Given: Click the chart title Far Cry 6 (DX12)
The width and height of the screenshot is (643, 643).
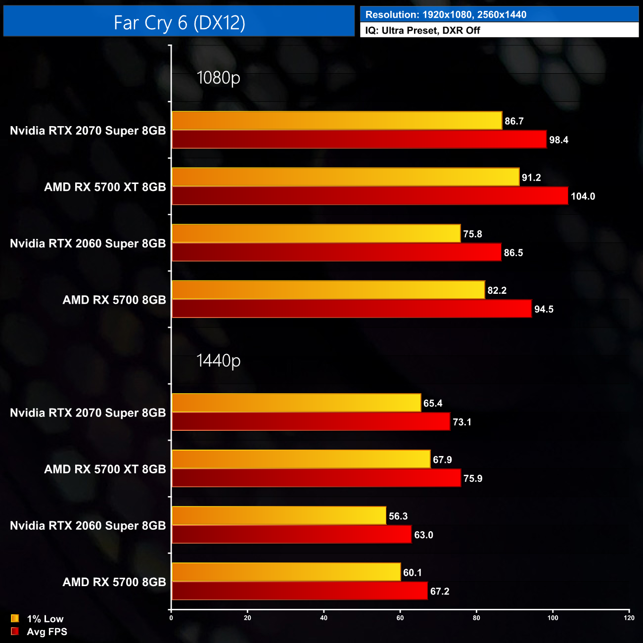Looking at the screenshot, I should tap(179, 23).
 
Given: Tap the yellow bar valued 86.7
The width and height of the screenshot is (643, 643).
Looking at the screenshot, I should tap(336, 121).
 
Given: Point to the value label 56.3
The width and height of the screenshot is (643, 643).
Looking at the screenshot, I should tap(398, 516).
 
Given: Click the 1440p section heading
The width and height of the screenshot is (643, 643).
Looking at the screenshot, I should tap(218, 361).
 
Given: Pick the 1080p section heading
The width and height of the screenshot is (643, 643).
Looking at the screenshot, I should tap(218, 78).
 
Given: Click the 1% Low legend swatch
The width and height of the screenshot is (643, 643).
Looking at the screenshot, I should tap(15, 618).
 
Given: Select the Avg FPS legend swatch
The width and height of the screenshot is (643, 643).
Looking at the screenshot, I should tap(15, 631).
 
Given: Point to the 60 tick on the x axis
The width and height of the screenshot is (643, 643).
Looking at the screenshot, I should tap(400, 618).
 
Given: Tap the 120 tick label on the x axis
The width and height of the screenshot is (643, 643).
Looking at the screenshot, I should tap(629, 618).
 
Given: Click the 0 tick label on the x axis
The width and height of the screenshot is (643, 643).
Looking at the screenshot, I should tap(171, 618).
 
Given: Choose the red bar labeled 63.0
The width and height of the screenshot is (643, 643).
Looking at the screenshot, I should tap(291, 534).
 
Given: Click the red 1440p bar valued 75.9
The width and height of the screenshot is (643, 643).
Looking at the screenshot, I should tap(316, 478).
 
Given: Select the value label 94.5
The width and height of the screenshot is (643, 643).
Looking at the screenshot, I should tap(544, 310).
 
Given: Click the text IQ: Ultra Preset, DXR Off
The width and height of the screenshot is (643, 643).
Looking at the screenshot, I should tap(422, 30).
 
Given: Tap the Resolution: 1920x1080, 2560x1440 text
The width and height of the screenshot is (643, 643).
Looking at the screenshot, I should tap(446, 15).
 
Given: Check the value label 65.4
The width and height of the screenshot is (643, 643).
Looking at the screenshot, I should tap(433, 404).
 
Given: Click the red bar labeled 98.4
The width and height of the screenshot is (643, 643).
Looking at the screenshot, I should tap(359, 139).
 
